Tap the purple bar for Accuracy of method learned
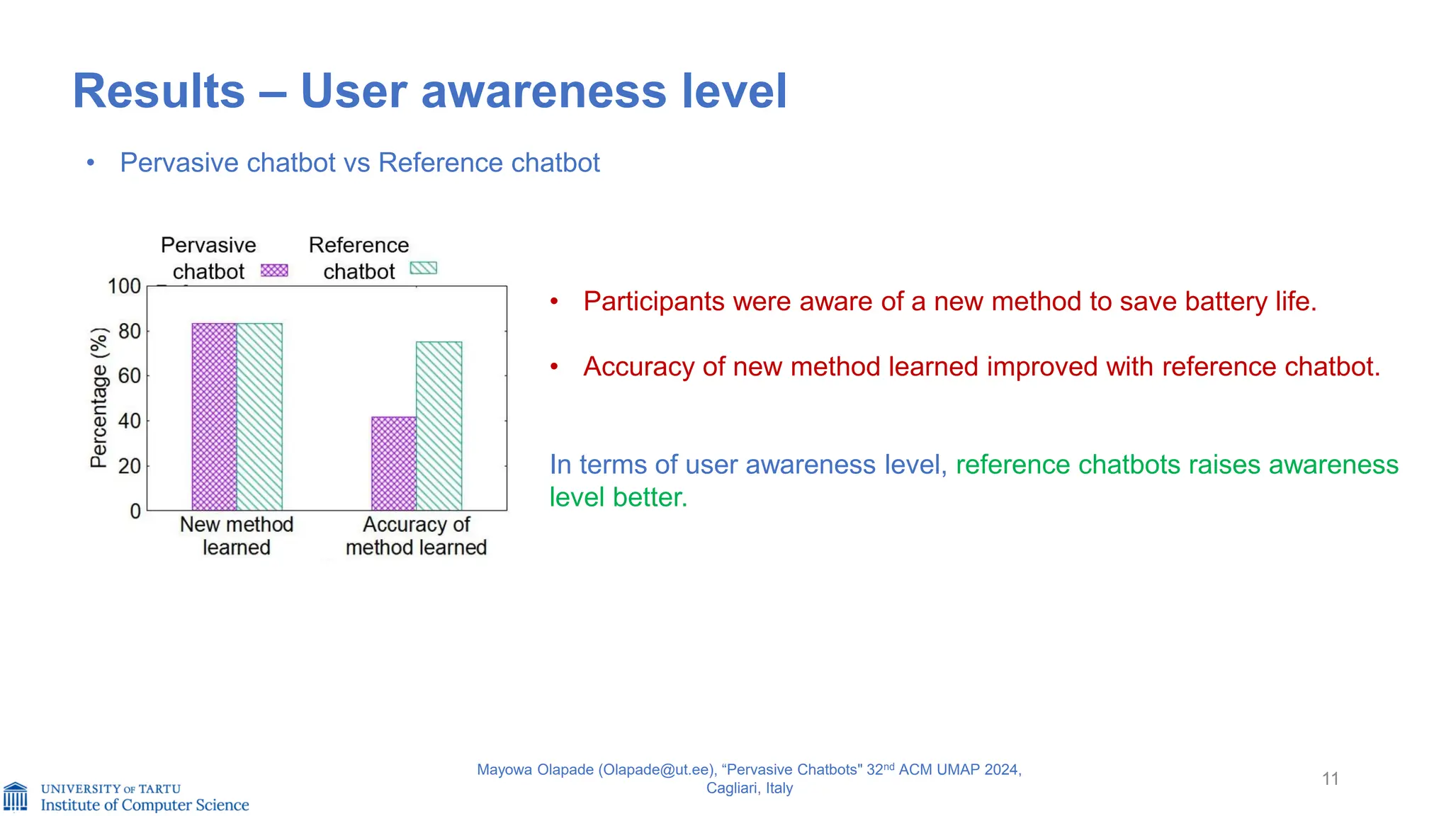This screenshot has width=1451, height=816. (394, 463)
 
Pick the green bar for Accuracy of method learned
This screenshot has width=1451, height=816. (439, 426)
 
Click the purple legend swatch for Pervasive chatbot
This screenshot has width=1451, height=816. (274, 270)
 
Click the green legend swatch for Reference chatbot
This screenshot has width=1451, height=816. (424, 268)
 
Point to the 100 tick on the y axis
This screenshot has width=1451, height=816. (124, 286)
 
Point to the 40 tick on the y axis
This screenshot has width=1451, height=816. (129, 421)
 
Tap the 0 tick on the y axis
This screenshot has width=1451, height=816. (135, 511)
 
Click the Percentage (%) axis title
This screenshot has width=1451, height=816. (99, 397)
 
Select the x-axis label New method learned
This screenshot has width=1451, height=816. (236, 535)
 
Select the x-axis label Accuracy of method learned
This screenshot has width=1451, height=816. (416, 535)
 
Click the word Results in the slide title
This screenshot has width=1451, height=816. (159, 91)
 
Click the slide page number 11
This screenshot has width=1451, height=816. (1330, 779)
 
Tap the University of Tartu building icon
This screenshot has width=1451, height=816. (16, 796)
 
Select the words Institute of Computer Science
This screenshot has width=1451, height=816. (145, 805)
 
